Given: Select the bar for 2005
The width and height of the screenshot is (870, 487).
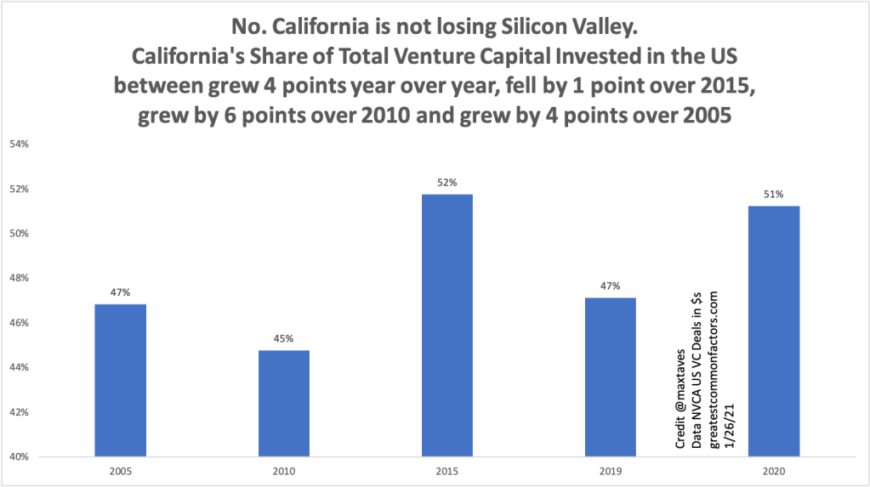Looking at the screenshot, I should pos(120,380).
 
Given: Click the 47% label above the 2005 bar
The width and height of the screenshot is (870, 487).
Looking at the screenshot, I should pos(120,292).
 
